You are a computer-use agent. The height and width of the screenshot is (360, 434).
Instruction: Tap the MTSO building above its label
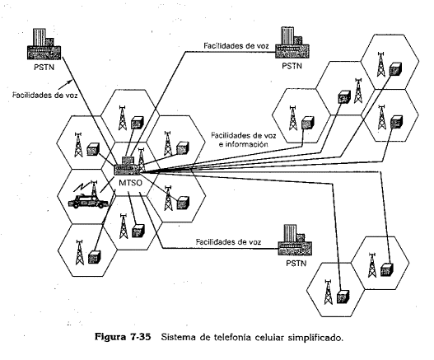(x=128, y=161)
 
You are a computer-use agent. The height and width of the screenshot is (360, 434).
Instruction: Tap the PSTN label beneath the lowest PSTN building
(x=294, y=264)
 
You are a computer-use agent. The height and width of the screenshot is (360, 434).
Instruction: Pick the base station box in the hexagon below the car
(x=96, y=255)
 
